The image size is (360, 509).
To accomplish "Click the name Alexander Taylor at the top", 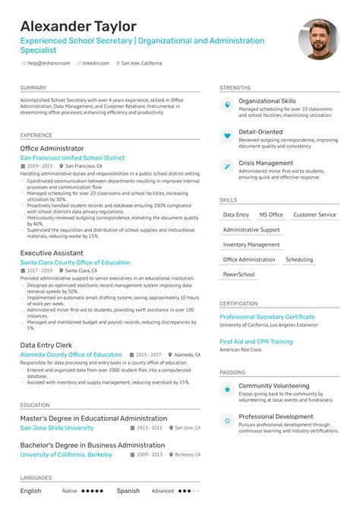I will (x=78, y=27).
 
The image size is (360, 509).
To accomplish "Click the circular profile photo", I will (x=318, y=40).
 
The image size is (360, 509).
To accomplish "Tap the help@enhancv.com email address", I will (x=48, y=63).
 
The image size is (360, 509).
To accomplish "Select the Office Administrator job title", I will (x=52, y=149).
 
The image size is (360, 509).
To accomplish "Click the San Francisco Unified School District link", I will (x=72, y=157).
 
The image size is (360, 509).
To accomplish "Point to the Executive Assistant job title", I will (x=51, y=254).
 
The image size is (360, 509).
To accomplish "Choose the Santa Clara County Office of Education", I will (x=74, y=262).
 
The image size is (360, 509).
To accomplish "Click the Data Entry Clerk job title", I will (x=46, y=345).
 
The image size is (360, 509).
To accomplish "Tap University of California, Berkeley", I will (x=66, y=454).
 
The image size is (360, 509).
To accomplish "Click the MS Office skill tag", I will (x=271, y=215).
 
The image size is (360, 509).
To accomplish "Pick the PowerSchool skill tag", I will (x=239, y=274).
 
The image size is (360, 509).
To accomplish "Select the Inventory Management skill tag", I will (x=251, y=245).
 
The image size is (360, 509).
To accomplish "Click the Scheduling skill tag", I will (x=299, y=260).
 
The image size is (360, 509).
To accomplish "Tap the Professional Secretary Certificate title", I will (x=267, y=317).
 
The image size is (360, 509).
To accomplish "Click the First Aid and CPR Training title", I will (x=256, y=342).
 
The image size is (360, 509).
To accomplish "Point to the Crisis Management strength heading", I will (x=265, y=163).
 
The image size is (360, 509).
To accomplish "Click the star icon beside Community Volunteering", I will (x=227, y=390).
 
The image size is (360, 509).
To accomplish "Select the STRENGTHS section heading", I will (x=235, y=88).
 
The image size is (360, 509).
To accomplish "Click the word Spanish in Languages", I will (x=128, y=491).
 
